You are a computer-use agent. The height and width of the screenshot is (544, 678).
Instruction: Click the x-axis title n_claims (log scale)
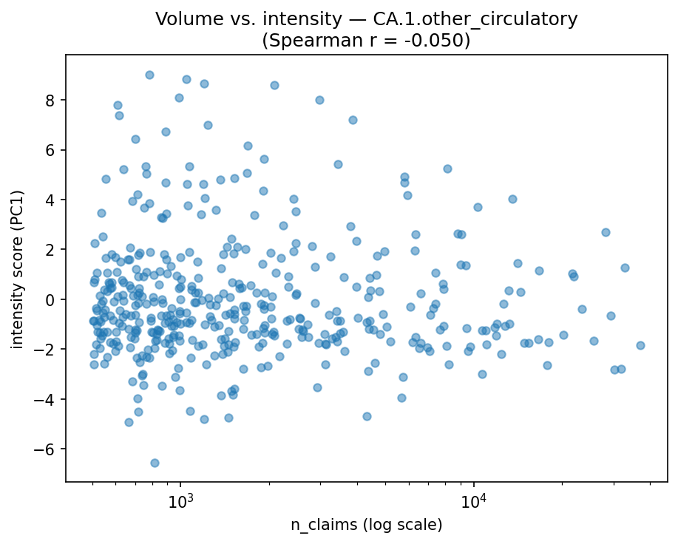coord(366,526)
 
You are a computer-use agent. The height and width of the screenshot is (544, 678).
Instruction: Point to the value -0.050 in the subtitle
coord(435,41)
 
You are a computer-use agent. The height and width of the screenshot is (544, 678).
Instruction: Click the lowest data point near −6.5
coord(155,463)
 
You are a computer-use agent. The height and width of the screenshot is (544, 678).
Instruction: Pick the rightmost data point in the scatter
coord(640,345)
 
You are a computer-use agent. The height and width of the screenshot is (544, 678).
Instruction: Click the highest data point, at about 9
coord(149,75)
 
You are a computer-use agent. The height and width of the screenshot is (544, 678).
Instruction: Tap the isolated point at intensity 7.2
coord(353,120)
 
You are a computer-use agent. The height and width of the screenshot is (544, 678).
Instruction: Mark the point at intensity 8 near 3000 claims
coord(319,100)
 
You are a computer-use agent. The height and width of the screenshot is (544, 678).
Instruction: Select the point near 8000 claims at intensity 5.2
coord(447,169)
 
